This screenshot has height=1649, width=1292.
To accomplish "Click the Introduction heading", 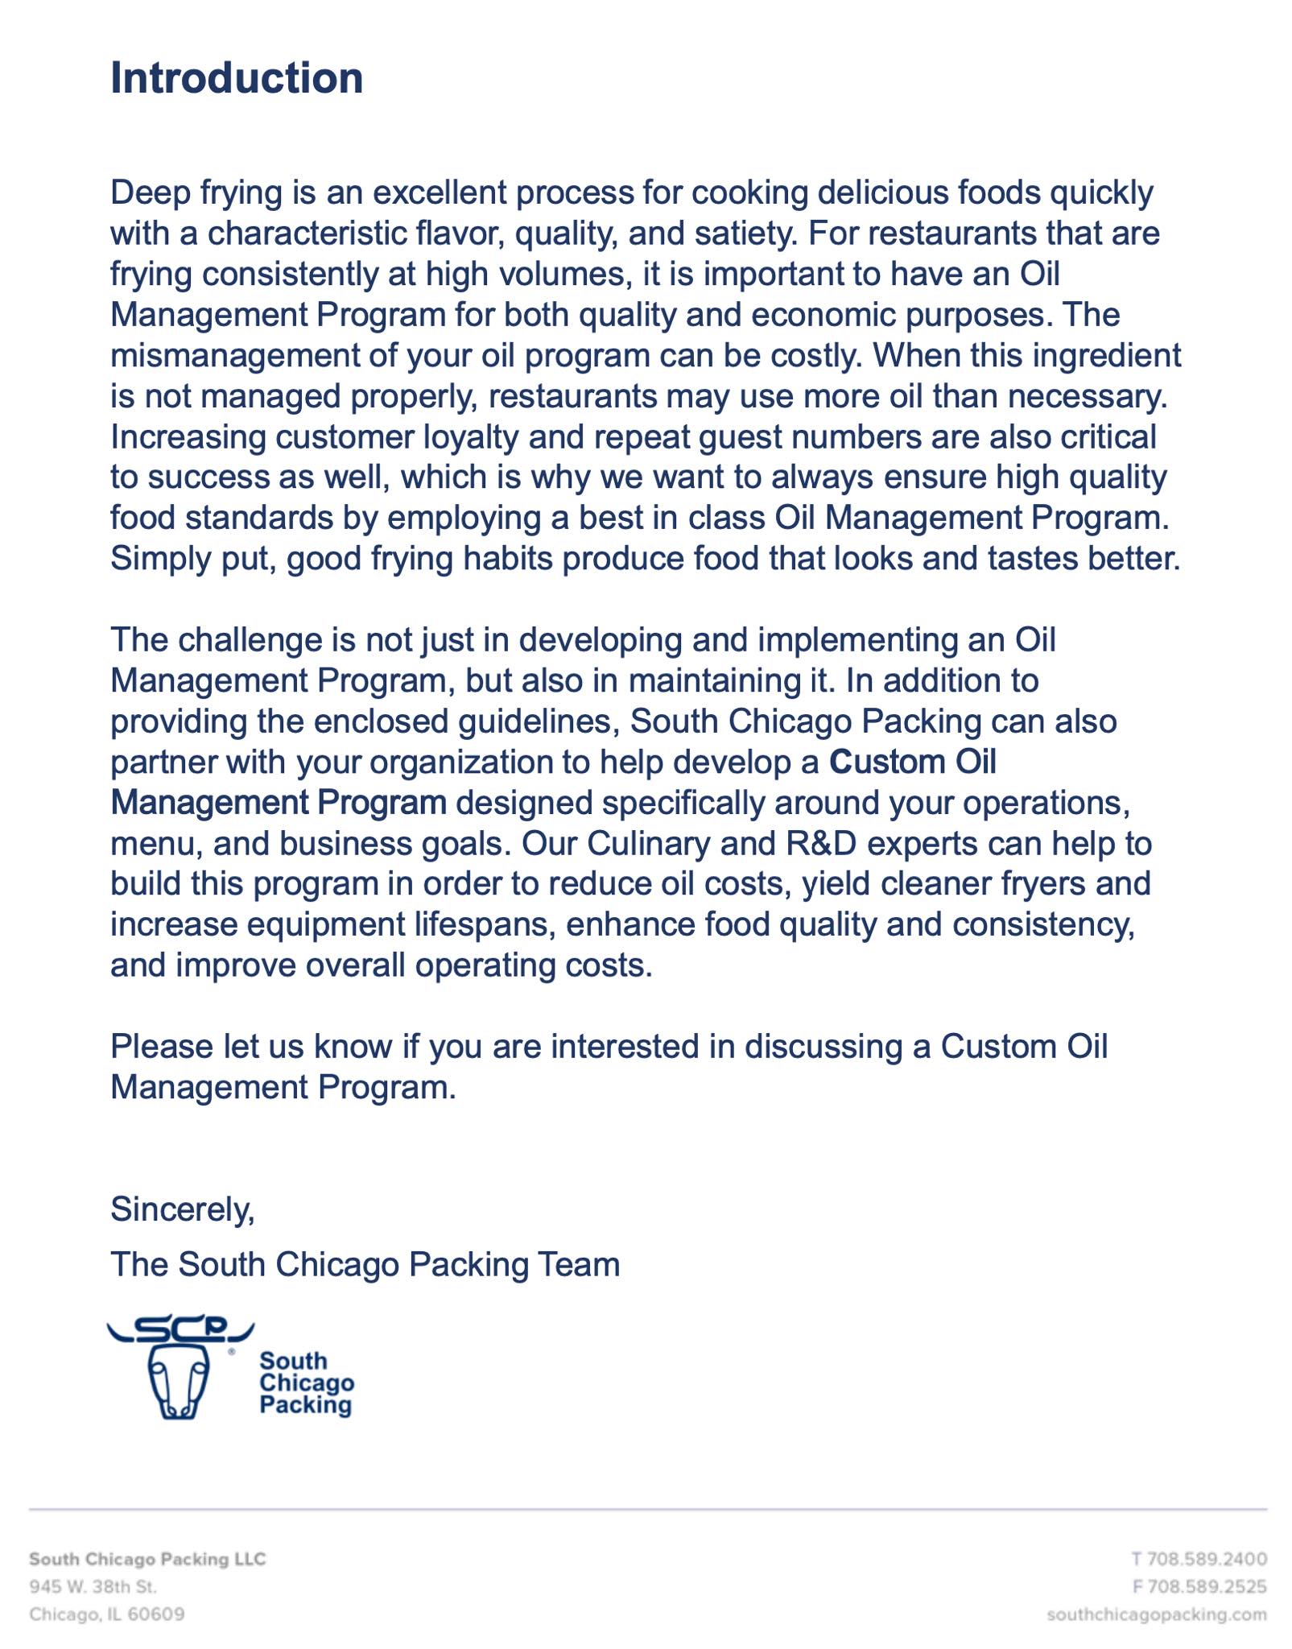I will point(236,78).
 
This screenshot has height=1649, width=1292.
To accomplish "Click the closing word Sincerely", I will point(182,1209).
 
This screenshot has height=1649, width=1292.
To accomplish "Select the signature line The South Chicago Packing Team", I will point(365,1264).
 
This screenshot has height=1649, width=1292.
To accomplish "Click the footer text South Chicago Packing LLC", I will point(147,1559).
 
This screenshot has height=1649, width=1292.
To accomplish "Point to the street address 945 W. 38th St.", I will point(93,1586).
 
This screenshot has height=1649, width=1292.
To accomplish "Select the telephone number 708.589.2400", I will point(1207,1559).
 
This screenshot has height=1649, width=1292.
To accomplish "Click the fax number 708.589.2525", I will point(1207,1586).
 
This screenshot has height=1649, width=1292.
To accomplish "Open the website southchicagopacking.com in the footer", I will point(1157,1614).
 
